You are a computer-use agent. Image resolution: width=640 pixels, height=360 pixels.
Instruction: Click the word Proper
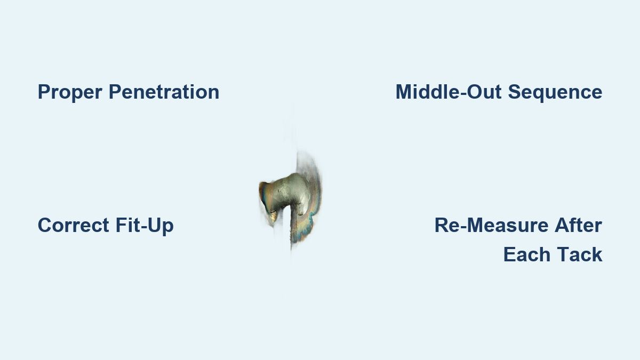point(70,92)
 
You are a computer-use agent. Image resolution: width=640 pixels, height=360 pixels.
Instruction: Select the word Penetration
point(164,92)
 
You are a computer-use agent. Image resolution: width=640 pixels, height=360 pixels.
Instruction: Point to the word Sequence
point(555,92)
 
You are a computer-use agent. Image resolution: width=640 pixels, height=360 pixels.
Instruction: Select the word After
point(579,225)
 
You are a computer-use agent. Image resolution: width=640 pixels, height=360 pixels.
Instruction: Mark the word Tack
point(580,254)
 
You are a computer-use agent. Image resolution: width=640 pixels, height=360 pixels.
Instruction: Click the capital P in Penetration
point(114,92)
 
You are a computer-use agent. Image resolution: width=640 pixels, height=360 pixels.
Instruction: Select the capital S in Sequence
point(514,92)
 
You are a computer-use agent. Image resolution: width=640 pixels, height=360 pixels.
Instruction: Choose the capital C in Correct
point(45,225)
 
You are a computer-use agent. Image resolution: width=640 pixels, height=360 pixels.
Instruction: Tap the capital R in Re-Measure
point(441,225)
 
